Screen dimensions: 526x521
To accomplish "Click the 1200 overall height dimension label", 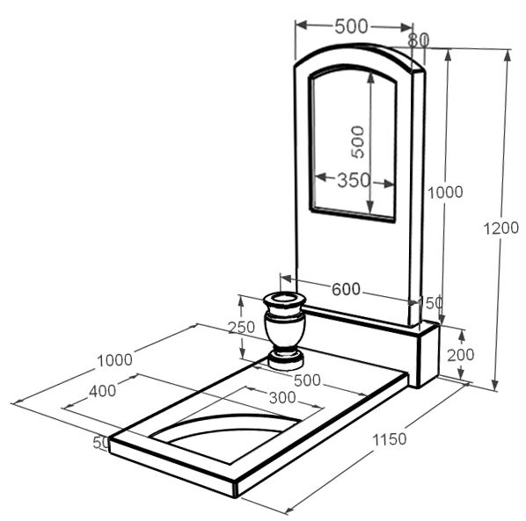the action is (x=500, y=228).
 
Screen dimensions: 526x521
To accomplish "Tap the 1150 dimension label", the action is (x=390, y=439).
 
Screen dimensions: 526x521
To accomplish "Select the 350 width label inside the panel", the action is (x=354, y=180).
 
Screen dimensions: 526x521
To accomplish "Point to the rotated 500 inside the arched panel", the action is (x=358, y=141).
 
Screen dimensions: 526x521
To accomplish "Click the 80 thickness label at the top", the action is (x=419, y=40).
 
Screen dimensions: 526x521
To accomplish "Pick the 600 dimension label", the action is (x=346, y=289).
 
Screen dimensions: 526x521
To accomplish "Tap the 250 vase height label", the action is (x=242, y=327).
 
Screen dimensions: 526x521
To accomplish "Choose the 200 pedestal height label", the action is (x=461, y=355).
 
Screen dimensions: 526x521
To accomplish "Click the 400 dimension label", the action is (x=103, y=391).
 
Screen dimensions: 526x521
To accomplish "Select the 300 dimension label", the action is (x=282, y=398).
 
